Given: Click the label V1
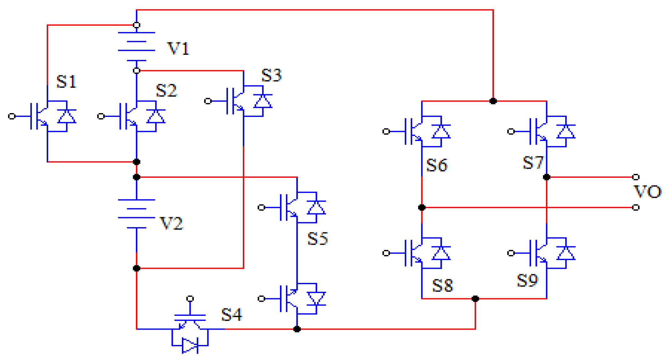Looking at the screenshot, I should [x=178, y=49].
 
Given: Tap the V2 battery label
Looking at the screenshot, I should [x=171, y=223].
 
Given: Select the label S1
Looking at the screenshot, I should [x=66, y=82].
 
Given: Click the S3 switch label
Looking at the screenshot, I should [x=271, y=76].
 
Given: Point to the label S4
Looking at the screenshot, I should [x=232, y=315].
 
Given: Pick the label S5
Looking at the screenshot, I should [x=317, y=238].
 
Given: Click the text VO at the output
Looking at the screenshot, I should [x=647, y=192].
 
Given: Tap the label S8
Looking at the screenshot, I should [x=442, y=285].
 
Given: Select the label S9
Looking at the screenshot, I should [x=527, y=280].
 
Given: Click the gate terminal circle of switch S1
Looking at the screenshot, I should [x=12, y=116].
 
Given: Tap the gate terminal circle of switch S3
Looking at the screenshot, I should [x=208, y=101].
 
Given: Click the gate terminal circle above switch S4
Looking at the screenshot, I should [x=190, y=299].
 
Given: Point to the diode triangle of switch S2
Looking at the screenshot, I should [x=156, y=117].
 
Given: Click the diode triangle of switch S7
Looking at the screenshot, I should [x=566, y=132].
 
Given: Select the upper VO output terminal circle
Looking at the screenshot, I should [x=635, y=177].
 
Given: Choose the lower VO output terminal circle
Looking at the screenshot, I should [x=635, y=207].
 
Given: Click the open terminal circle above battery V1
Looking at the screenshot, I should [x=137, y=25].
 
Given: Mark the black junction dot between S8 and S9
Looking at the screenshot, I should [x=475, y=299].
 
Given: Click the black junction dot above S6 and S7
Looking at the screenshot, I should [x=493, y=101].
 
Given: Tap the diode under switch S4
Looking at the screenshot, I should [x=189, y=346].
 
